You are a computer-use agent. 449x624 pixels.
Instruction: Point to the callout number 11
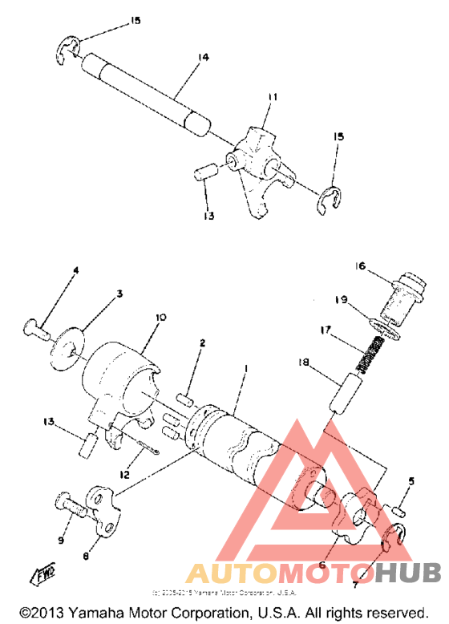tap(273, 97)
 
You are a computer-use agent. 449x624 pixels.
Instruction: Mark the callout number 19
tap(341, 300)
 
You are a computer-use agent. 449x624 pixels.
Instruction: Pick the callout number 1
tap(245, 368)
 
